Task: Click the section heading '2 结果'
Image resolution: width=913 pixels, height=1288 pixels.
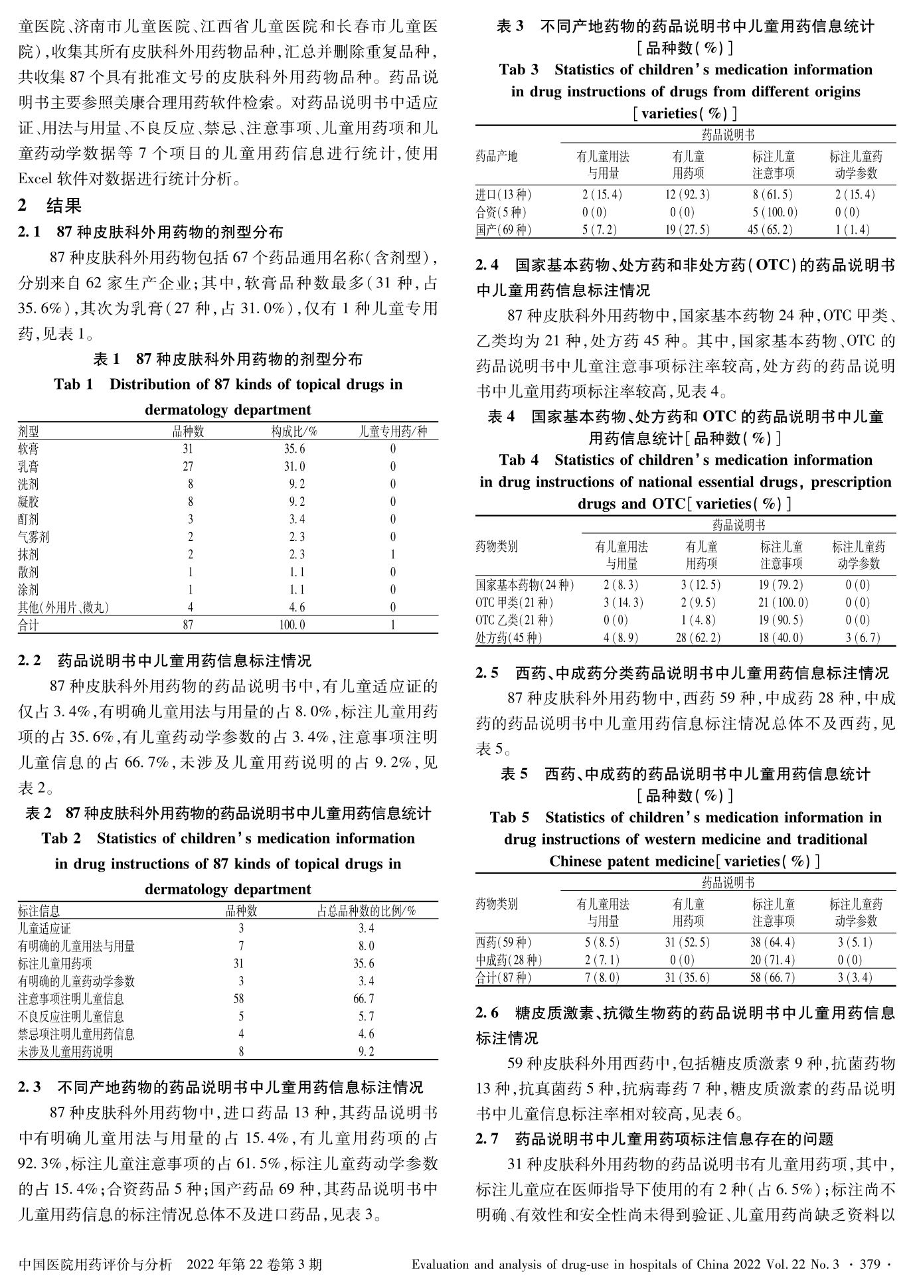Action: [x=50, y=206]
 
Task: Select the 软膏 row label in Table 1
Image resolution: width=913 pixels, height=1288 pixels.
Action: [x=29, y=449]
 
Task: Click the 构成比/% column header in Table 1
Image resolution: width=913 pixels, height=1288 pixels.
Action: [x=294, y=432]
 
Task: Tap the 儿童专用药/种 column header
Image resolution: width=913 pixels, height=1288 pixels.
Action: [x=393, y=432]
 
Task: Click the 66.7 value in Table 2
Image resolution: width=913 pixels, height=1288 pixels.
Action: [x=366, y=999]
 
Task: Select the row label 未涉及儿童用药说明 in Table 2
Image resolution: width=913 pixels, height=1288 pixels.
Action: [x=66, y=1052]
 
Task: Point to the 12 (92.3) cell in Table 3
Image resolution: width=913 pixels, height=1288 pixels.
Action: [x=688, y=195]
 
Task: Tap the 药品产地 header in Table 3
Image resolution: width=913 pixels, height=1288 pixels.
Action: [x=497, y=157]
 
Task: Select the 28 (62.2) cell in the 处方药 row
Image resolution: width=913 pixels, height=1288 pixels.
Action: [x=702, y=638]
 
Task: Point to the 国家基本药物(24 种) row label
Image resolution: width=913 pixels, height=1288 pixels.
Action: [x=525, y=586]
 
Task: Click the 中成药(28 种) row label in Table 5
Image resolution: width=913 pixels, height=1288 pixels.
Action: [x=509, y=960]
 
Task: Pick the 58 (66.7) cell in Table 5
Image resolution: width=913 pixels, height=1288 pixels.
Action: [x=773, y=978]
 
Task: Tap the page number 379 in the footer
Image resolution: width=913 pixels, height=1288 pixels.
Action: [x=869, y=1265]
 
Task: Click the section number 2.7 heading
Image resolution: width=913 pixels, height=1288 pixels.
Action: [x=487, y=1139]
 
